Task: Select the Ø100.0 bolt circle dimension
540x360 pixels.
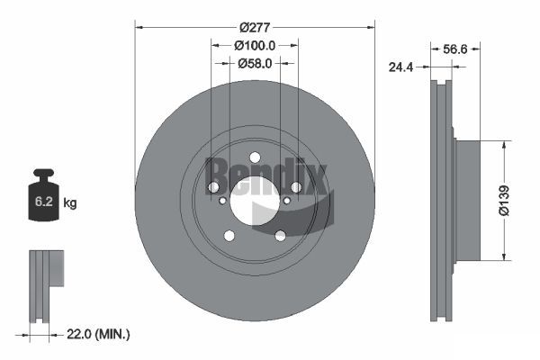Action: coord(254,44)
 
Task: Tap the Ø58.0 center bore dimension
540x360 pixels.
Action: coord(255,63)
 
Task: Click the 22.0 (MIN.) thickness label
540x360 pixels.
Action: coord(100,334)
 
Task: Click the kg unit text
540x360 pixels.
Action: coord(70,203)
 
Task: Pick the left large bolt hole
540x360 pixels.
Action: coord(213,187)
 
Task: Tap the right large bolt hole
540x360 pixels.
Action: coord(295,187)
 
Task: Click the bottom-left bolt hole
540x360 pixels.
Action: coord(229,236)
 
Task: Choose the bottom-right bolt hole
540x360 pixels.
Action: coord(280,236)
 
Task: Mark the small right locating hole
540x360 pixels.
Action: coord(287,200)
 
